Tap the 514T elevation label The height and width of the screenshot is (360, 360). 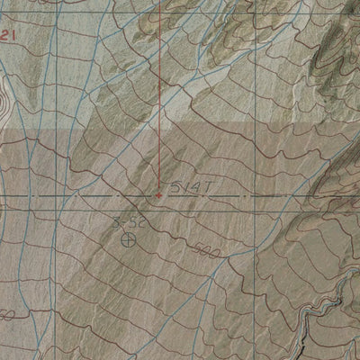190,184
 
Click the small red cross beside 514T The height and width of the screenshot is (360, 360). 159,192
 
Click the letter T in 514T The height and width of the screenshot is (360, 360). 206,184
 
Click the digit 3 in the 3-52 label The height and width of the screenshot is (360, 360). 117,220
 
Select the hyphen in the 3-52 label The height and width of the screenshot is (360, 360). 125,220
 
